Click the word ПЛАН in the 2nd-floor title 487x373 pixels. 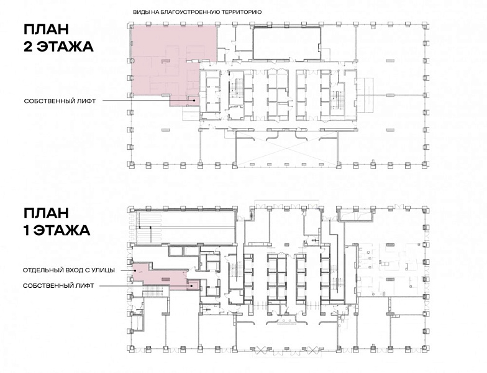click(x=46, y=30)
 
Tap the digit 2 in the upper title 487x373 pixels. click(x=29, y=47)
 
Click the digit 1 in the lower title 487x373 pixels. click(x=26, y=231)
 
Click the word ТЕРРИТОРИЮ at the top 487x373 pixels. click(x=242, y=12)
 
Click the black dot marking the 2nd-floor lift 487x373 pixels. click(x=194, y=101)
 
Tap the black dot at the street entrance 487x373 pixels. click(x=135, y=270)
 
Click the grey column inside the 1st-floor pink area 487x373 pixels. click(x=165, y=279)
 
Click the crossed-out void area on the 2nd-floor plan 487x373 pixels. click(x=286, y=148)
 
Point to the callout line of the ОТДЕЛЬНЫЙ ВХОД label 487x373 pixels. click(x=126, y=270)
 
